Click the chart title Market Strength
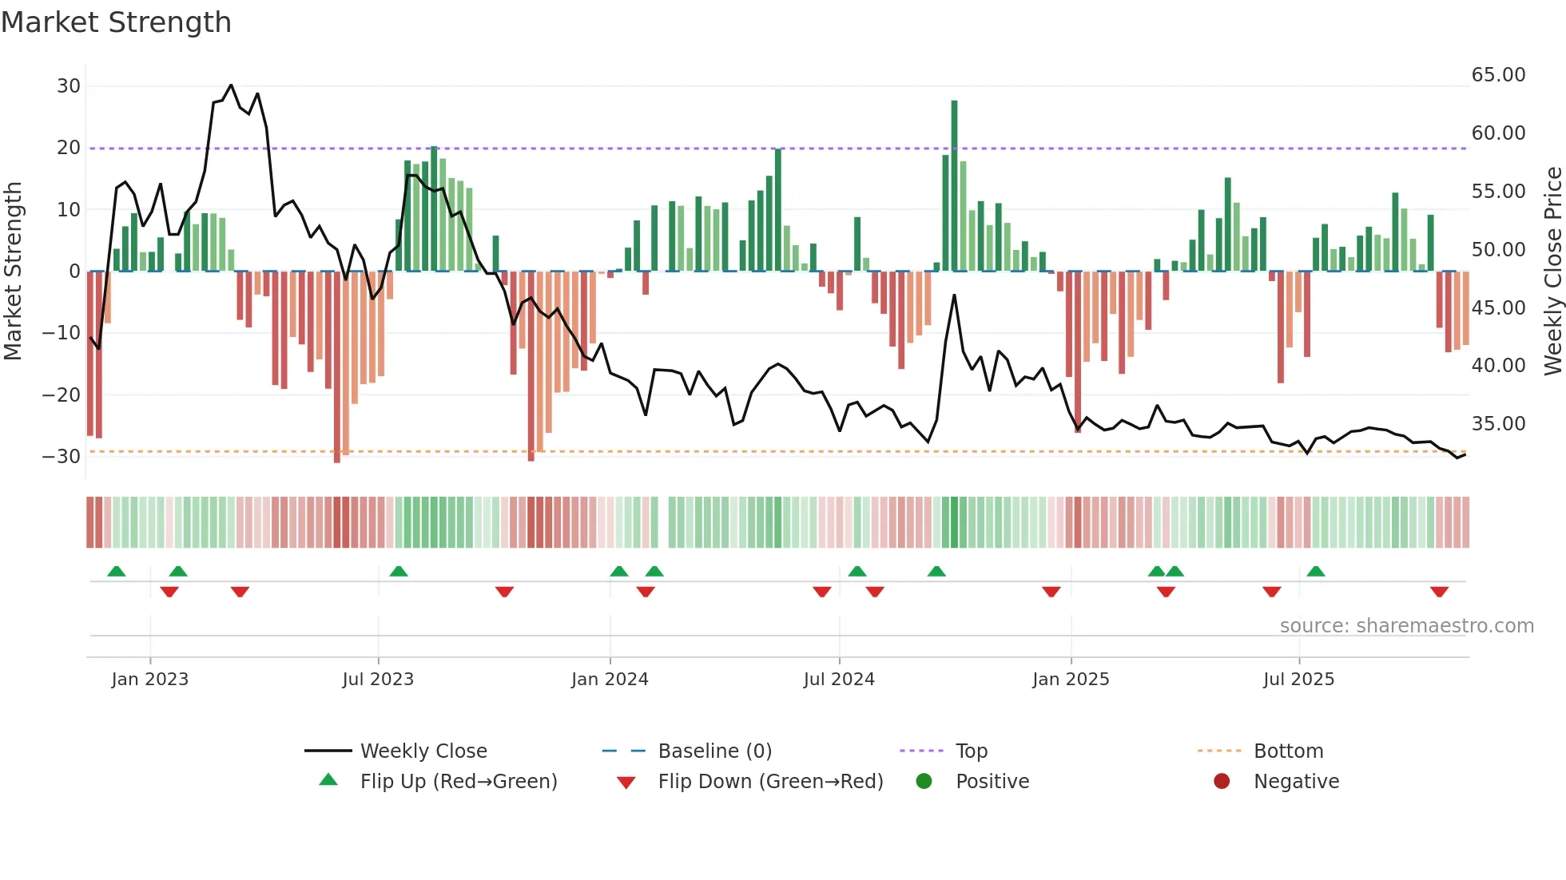point(116,22)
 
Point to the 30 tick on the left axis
point(69,86)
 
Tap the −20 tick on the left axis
point(62,394)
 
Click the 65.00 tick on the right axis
point(1498,75)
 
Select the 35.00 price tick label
point(1498,424)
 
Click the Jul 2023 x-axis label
point(378,680)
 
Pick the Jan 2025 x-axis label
point(1071,680)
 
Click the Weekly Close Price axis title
point(1552,271)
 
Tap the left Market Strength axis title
point(13,271)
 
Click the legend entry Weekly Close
point(423,751)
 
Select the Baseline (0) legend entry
point(714,751)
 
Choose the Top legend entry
point(971,751)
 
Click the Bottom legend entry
point(1288,751)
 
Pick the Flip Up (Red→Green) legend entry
point(458,782)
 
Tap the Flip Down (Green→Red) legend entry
point(770,782)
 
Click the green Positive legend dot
point(924,781)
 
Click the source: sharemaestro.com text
point(1406,626)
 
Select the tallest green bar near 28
point(954,184)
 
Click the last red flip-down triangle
point(1439,592)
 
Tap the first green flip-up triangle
point(117,571)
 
